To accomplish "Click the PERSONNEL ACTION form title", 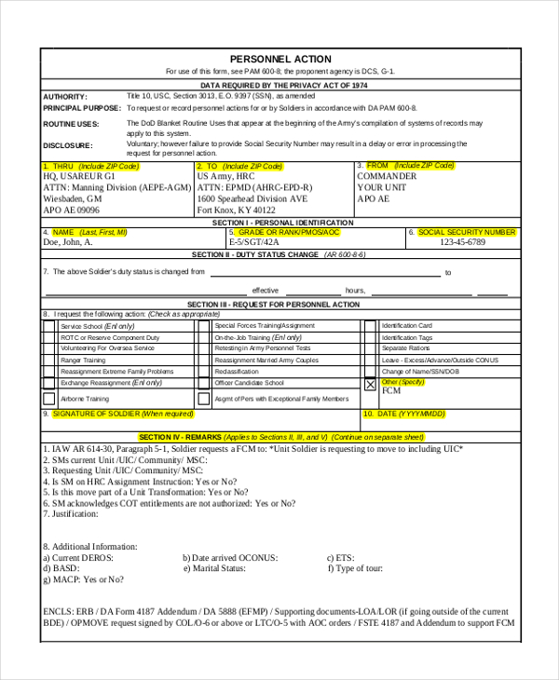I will [279, 59].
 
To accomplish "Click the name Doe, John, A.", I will [68, 242].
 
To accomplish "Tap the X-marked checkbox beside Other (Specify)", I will [370, 384].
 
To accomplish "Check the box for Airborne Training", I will [49, 399].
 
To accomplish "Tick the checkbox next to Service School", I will [49, 327].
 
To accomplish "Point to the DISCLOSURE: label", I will [68, 146].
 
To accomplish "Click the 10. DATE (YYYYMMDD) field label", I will [405, 413].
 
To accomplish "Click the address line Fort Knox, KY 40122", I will [242, 211].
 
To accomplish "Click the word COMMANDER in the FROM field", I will [387, 176].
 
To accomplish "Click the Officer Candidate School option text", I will [249, 383].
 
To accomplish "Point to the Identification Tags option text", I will [407, 337].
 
